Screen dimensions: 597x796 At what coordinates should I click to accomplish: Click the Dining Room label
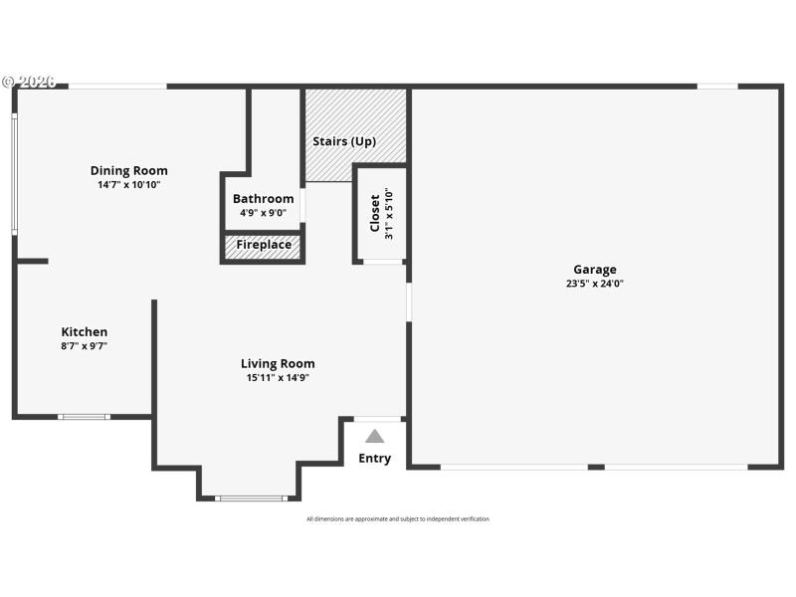click(x=129, y=170)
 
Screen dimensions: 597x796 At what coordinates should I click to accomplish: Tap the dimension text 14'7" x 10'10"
click(x=129, y=185)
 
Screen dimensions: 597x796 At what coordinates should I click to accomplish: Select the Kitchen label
click(x=85, y=331)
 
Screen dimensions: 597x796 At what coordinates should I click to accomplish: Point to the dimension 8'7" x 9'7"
click(x=85, y=346)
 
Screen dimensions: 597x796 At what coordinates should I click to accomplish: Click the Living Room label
click(x=278, y=363)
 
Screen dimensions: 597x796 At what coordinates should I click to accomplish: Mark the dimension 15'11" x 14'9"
click(x=278, y=378)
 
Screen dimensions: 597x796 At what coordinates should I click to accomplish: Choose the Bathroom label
click(x=264, y=198)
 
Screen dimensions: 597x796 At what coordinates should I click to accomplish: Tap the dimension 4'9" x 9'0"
click(x=264, y=212)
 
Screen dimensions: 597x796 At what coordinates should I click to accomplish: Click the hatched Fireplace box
click(x=264, y=245)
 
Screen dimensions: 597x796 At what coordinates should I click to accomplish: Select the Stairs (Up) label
click(x=344, y=141)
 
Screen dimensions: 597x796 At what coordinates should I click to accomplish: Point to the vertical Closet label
click(x=375, y=213)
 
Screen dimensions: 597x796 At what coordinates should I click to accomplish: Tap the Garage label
click(x=595, y=269)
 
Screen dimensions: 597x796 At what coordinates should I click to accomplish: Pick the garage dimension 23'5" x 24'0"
click(x=595, y=284)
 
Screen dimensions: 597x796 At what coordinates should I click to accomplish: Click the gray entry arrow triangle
click(x=374, y=436)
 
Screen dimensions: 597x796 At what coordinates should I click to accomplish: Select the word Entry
click(x=375, y=459)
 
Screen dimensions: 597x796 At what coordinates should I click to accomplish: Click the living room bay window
click(x=250, y=497)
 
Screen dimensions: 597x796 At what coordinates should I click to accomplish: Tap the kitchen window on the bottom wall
click(x=84, y=416)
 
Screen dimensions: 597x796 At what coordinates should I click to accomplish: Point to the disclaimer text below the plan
click(x=398, y=518)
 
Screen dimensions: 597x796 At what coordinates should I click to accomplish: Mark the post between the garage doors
click(x=596, y=466)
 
